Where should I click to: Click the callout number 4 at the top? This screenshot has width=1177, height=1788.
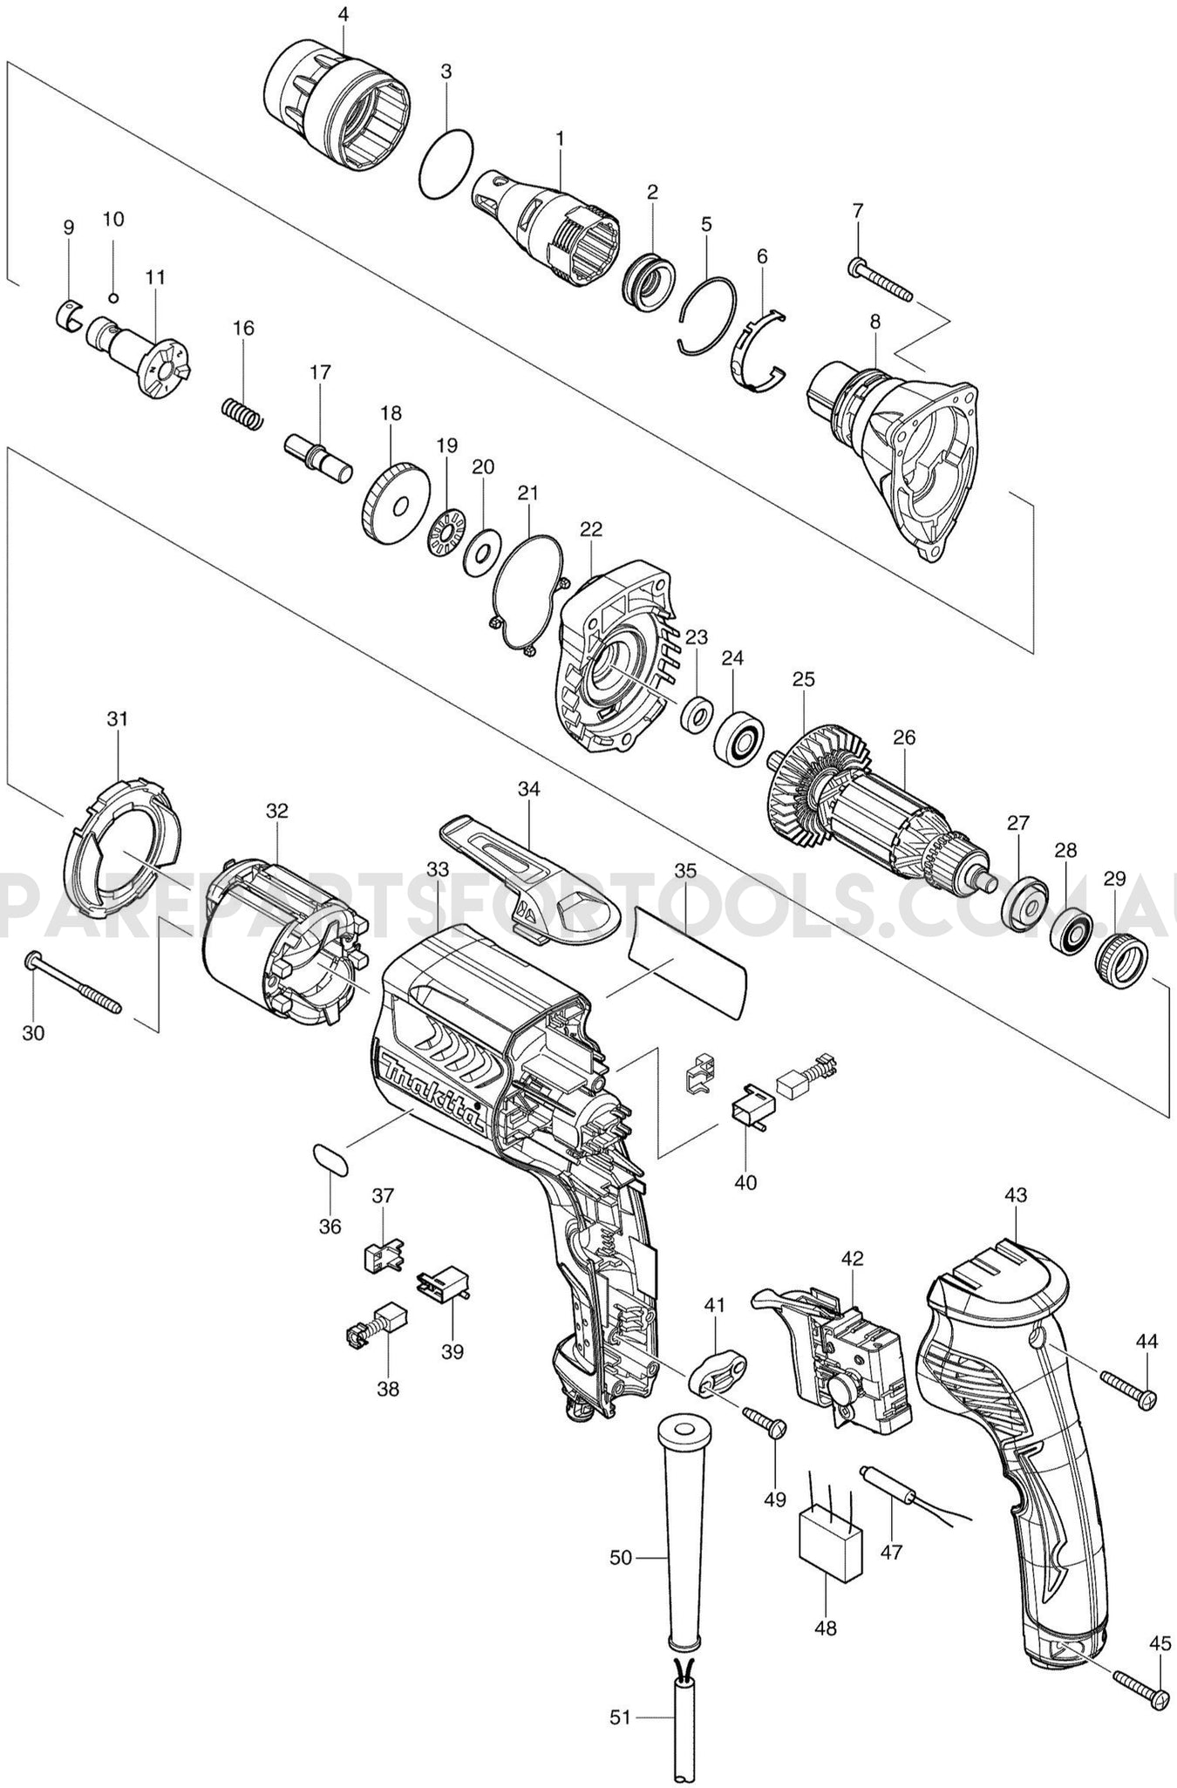343,14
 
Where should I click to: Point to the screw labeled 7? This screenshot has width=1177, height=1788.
880,281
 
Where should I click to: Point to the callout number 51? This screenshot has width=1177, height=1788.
619,1718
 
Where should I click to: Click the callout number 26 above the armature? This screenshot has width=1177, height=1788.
904,738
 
